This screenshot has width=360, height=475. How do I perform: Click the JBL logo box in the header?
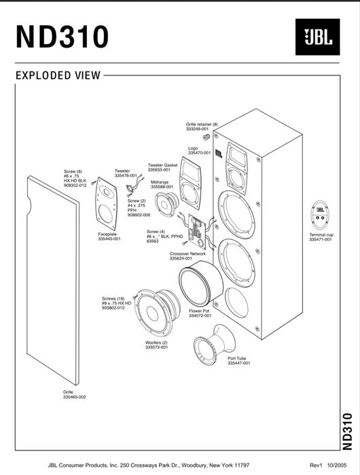[x=317, y=37]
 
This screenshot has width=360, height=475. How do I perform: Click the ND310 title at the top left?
[x=62, y=37]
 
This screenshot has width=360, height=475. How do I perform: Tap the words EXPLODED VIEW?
[x=58, y=75]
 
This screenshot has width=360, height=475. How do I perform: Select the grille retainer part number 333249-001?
[x=197, y=129]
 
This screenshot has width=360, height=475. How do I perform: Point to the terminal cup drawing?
[x=320, y=215]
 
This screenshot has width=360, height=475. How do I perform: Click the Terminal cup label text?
[x=321, y=234]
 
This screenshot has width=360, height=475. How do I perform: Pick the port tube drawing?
[x=215, y=342]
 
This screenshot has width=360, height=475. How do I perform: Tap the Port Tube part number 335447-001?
[x=239, y=363]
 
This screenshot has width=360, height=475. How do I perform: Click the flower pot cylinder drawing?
[x=201, y=283]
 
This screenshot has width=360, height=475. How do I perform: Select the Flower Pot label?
[x=199, y=311]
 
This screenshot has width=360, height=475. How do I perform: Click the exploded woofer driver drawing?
[x=158, y=313]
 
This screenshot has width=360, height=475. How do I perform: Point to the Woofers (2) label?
[x=156, y=342]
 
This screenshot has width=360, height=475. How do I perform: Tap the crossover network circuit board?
[x=197, y=231]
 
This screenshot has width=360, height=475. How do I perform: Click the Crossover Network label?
[x=187, y=254]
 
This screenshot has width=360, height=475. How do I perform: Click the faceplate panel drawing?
[x=106, y=204]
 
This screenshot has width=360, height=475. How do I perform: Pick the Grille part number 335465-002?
[x=75, y=397]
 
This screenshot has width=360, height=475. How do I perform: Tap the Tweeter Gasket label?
[x=162, y=165]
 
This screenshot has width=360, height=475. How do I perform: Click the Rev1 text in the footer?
[x=316, y=465]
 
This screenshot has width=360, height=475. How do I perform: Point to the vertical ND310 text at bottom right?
[x=348, y=432]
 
